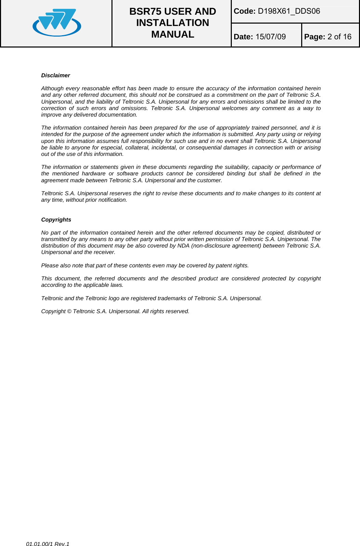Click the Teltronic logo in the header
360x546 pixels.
pyautogui.click(x=57, y=23)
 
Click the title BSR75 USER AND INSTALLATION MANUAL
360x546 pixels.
pyautogui.click(x=172, y=23)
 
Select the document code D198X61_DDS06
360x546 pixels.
pyautogui.click(x=289, y=11)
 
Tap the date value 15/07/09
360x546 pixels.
pyautogui.click(x=270, y=37)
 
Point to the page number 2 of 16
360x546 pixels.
pyautogui.click(x=339, y=37)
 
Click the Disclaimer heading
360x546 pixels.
pyautogui.click(x=55, y=75)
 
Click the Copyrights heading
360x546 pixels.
pyautogui.click(x=56, y=219)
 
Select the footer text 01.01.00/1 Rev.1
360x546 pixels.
pyautogui.click(x=48, y=544)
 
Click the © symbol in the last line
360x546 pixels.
pyautogui.click(x=69, y=311)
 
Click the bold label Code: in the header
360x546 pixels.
pyautogui.click(x=244, y=11)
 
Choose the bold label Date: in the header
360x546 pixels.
pyautogui.click(x=243, y=37)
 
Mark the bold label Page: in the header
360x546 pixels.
pyautogui.click(x=315, y=37)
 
